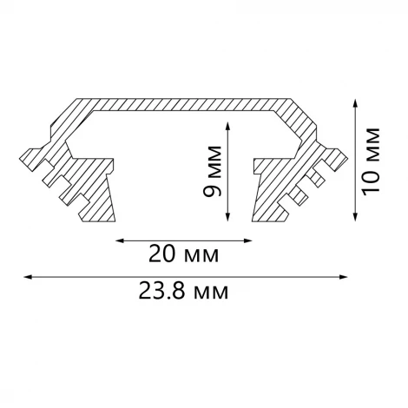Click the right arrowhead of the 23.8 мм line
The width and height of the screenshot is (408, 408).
point(345,277)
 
